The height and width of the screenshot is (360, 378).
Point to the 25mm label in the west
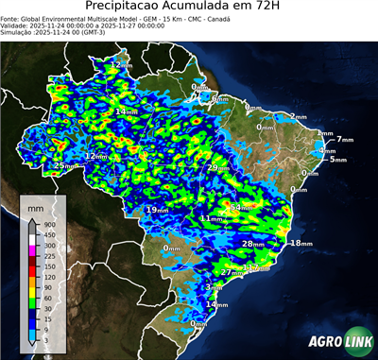62,166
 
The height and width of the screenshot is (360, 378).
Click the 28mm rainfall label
251,244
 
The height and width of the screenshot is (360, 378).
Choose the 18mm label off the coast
300,244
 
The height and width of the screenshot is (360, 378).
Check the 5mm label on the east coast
336,160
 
